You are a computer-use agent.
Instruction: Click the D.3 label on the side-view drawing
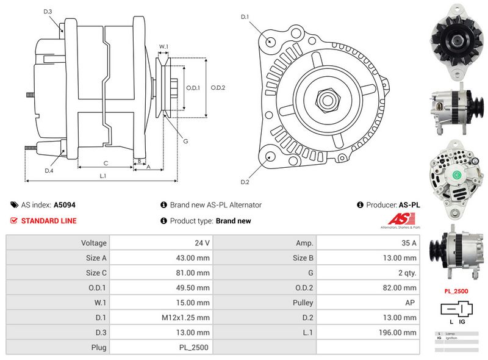click(48, 12)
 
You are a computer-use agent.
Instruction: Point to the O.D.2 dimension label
click(218, 88)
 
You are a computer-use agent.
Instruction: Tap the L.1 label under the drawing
click(102, 176)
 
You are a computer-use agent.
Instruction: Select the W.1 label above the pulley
click(163, 46)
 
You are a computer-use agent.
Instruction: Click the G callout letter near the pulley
click(185, 141)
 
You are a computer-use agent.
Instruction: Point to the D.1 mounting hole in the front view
click(271, 41)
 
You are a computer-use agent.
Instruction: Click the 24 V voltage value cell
click(204, 243)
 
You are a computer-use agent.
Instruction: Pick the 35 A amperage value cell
click(409, 243)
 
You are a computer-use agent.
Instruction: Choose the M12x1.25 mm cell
click(185, 317)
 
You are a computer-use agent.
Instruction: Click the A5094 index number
click(65, 206)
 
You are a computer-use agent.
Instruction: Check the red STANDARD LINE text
click(49, 221)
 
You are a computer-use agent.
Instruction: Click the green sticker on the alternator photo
click(455, 174)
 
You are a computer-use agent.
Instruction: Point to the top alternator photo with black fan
click(455, 41)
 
